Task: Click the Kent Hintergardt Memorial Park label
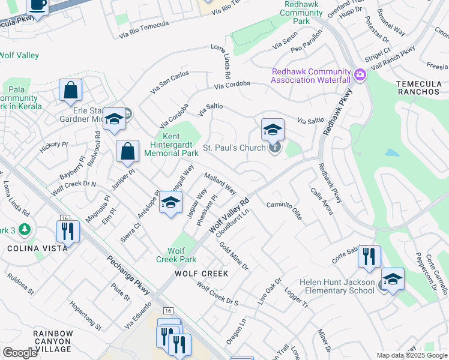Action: coord(171,145)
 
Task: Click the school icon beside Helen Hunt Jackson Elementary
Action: coord(393,279)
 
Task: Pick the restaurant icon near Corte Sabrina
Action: coord(369,256)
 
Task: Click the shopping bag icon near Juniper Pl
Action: coord(127,151)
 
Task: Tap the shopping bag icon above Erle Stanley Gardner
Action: coord(70,91)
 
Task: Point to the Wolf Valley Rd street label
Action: coord(229,217)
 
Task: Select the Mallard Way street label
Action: coord(220,184)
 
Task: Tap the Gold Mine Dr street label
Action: coord(234,256)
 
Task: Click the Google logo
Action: coord(20,353)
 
